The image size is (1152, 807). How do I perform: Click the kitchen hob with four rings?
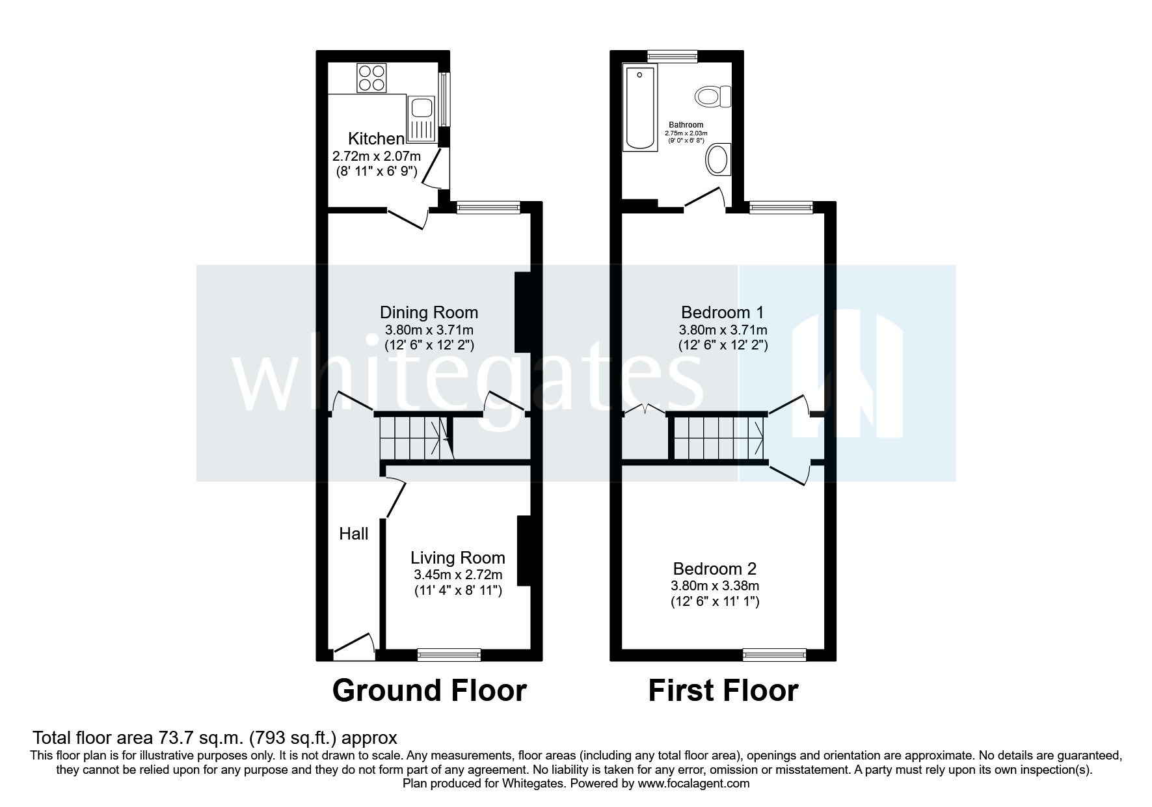(371, 77)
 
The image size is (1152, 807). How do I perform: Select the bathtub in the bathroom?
(640, 108)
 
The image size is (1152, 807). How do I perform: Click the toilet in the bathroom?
(714, 97)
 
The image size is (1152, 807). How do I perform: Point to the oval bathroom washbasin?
(718, 159)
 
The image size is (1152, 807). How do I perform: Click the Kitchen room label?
(376, 139)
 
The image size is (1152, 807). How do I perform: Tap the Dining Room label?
(429, 312)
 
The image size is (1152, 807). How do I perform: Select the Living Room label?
(457, 558)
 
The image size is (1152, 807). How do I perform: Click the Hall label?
(354, 534)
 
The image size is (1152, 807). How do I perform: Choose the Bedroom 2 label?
(714, 569)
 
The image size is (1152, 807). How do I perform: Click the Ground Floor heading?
(429, 691)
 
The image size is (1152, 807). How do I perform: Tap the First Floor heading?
(723, 691)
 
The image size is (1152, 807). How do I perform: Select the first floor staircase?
(719, 437)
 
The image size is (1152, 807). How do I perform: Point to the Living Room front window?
(449, 655)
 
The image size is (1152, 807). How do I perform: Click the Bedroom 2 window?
(774, 655)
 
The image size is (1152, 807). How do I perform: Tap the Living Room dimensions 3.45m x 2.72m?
(457, 575)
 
